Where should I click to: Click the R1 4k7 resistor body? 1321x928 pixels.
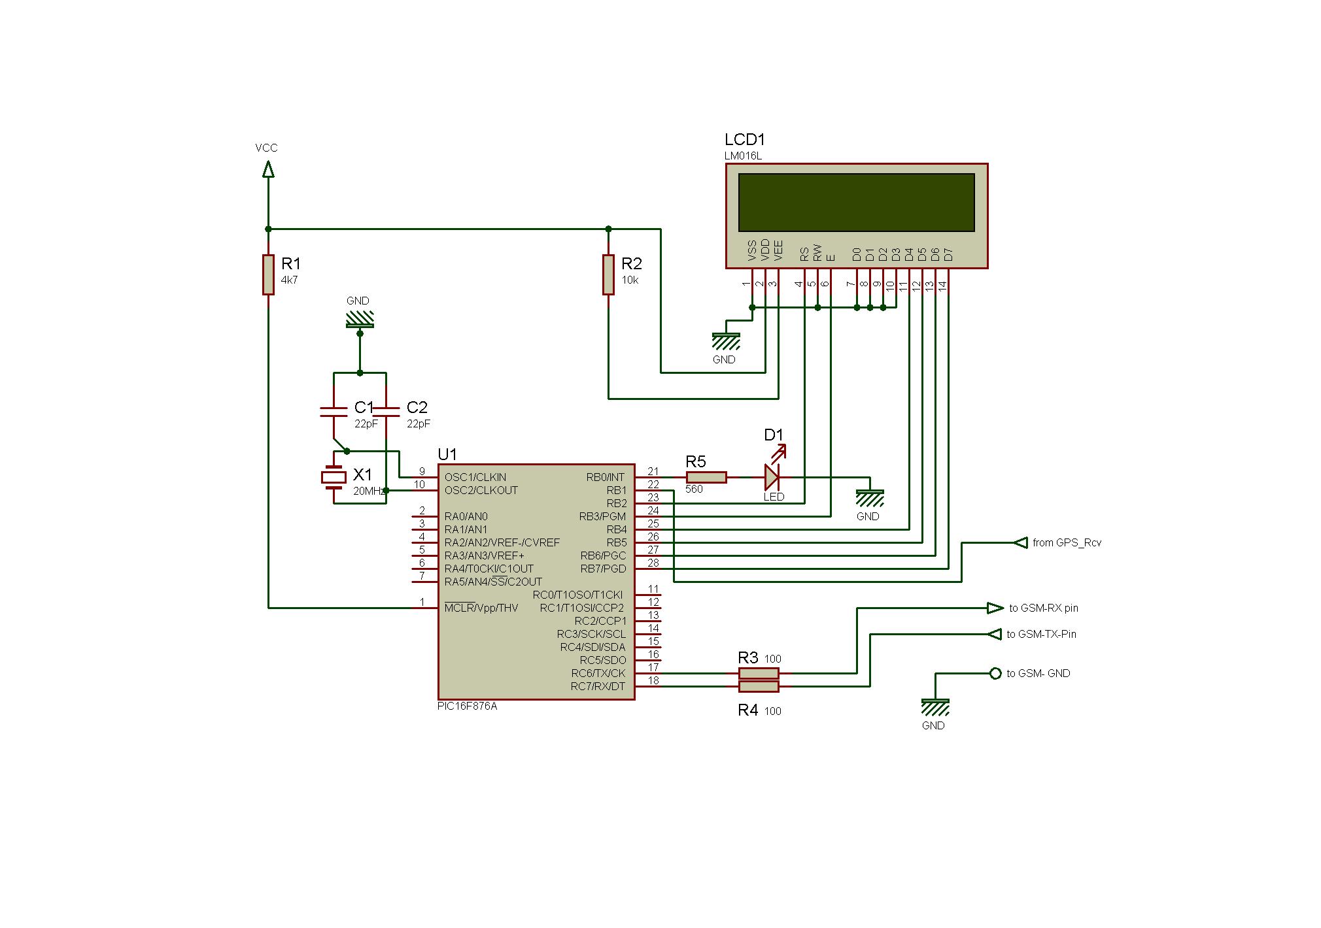tap(268, 274)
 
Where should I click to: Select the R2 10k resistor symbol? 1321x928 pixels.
tap(608, 274)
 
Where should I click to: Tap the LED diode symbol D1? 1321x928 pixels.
tap(772, 477)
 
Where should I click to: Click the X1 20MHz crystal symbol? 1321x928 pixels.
tap(334, 478)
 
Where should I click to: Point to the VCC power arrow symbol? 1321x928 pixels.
tap(267, 170)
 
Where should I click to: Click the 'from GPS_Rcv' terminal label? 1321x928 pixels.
tap(1067, 542)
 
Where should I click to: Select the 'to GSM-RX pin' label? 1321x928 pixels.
tap(1043, 608)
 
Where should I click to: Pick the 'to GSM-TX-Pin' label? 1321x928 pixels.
tap(1041, 634)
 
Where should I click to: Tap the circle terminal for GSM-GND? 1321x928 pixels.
tap(995, 673)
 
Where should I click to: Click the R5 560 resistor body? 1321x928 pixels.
tap(706, 477)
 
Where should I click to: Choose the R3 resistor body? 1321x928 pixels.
tap(759, 673)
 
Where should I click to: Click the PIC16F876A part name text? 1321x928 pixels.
tap(467, 706)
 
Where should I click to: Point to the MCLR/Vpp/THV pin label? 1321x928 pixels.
tap(481, 608)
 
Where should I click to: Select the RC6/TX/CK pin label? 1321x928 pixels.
tap(598, 673)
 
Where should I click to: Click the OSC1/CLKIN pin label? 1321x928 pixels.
tap(475, 477)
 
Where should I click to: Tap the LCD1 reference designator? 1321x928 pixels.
tap(744, 139)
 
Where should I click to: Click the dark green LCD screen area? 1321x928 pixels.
tap(856, 202)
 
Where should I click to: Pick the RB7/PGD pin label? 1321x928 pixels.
tap(603, 569)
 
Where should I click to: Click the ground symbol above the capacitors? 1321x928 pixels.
tap(359, 319)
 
